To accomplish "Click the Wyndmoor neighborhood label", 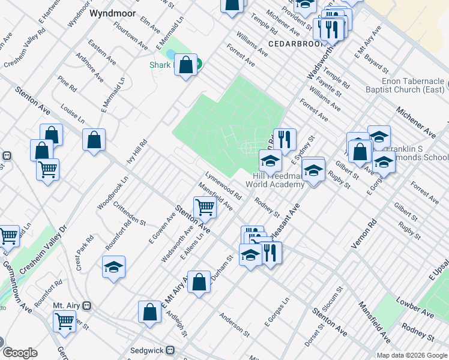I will [111, 12].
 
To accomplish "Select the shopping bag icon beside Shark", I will [186, 64].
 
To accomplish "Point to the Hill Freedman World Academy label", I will [279, 179].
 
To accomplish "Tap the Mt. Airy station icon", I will [87, 305].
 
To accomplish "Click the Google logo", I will [20, 353].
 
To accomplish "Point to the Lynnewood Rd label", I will [223, 187].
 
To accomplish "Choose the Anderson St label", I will [234, 325].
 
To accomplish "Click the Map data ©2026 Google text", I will [412, 355].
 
